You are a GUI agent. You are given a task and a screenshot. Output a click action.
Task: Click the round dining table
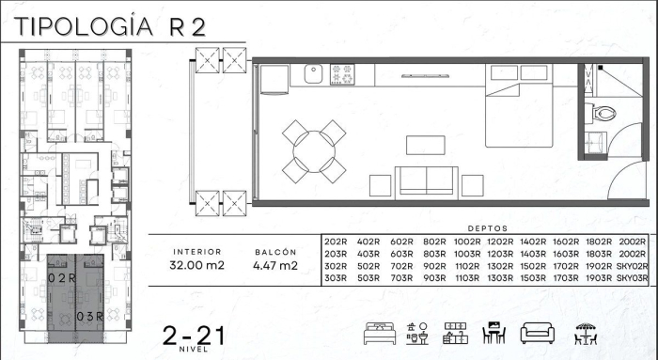312,151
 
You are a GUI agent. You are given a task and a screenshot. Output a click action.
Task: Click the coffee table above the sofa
425,145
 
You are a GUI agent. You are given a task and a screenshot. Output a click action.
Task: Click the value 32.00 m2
197,266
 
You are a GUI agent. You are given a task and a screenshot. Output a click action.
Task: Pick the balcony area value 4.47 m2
275,266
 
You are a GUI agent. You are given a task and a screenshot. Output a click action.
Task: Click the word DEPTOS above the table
487,228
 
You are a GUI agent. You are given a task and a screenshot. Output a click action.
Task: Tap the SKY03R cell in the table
634,279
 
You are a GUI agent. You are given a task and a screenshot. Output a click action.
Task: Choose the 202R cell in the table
336,242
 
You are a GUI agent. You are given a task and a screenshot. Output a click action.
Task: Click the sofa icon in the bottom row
535,334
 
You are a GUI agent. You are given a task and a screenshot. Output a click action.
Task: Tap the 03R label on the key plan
90,315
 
